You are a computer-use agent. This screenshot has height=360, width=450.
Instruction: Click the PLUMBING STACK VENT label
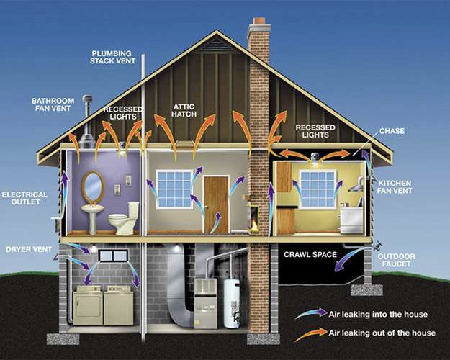[112, 57]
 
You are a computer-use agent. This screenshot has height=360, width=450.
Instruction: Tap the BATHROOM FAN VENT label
[53, 104]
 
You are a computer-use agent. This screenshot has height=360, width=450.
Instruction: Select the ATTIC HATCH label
[184, 111]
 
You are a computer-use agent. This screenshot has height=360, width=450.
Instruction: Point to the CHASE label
[392, 131]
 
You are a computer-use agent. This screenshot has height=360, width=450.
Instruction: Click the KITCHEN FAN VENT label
[395, 187]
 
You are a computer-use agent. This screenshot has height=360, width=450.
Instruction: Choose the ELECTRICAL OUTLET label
[25, 198]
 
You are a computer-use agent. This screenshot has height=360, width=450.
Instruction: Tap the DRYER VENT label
[29, 249]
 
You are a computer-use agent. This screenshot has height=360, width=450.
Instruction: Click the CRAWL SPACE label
[310, 255]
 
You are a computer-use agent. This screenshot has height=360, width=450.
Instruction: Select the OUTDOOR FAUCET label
[396, 260]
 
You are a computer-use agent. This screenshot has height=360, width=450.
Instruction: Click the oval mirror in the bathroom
[93, 186]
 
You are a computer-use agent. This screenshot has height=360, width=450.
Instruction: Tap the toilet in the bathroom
[125, 218]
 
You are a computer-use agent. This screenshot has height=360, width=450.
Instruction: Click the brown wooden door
[216, 204]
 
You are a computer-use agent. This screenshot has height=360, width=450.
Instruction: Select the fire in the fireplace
[253, 225]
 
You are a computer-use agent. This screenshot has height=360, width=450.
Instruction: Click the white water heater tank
[232, 304]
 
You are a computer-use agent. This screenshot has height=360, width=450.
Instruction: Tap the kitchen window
[318, 189]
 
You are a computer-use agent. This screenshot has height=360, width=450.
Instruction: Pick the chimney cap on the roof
[259, 25]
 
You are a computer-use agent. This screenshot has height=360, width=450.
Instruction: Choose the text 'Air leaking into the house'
[378, 315]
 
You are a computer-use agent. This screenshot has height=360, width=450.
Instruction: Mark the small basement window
[113, 256]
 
